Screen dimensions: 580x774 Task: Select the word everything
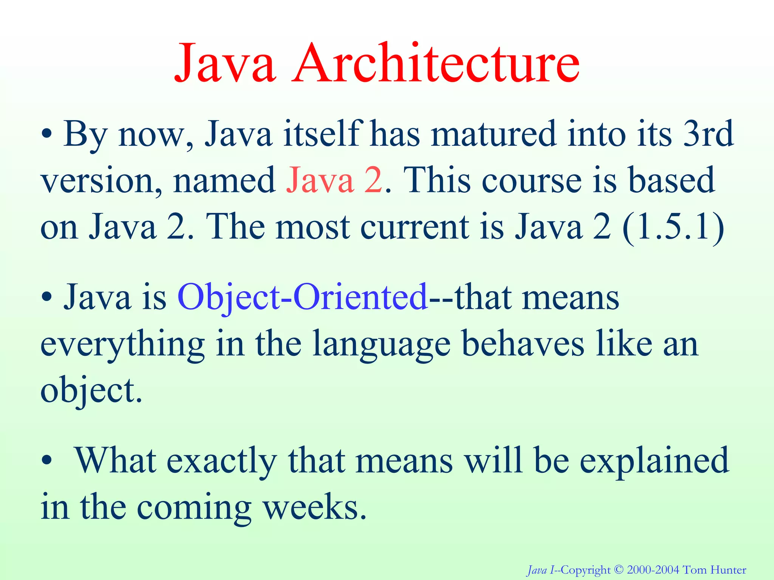[x=122, y=344]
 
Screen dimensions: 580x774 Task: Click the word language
[x=382, y=344]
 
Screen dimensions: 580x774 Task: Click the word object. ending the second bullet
[x=91, y=391]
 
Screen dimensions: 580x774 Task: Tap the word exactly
[x=221, y=461]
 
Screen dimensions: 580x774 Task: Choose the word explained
[x=654, y=461]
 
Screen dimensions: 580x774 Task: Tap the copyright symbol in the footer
[x=618, y=570]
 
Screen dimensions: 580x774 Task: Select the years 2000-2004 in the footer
[x=653, y=570]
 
